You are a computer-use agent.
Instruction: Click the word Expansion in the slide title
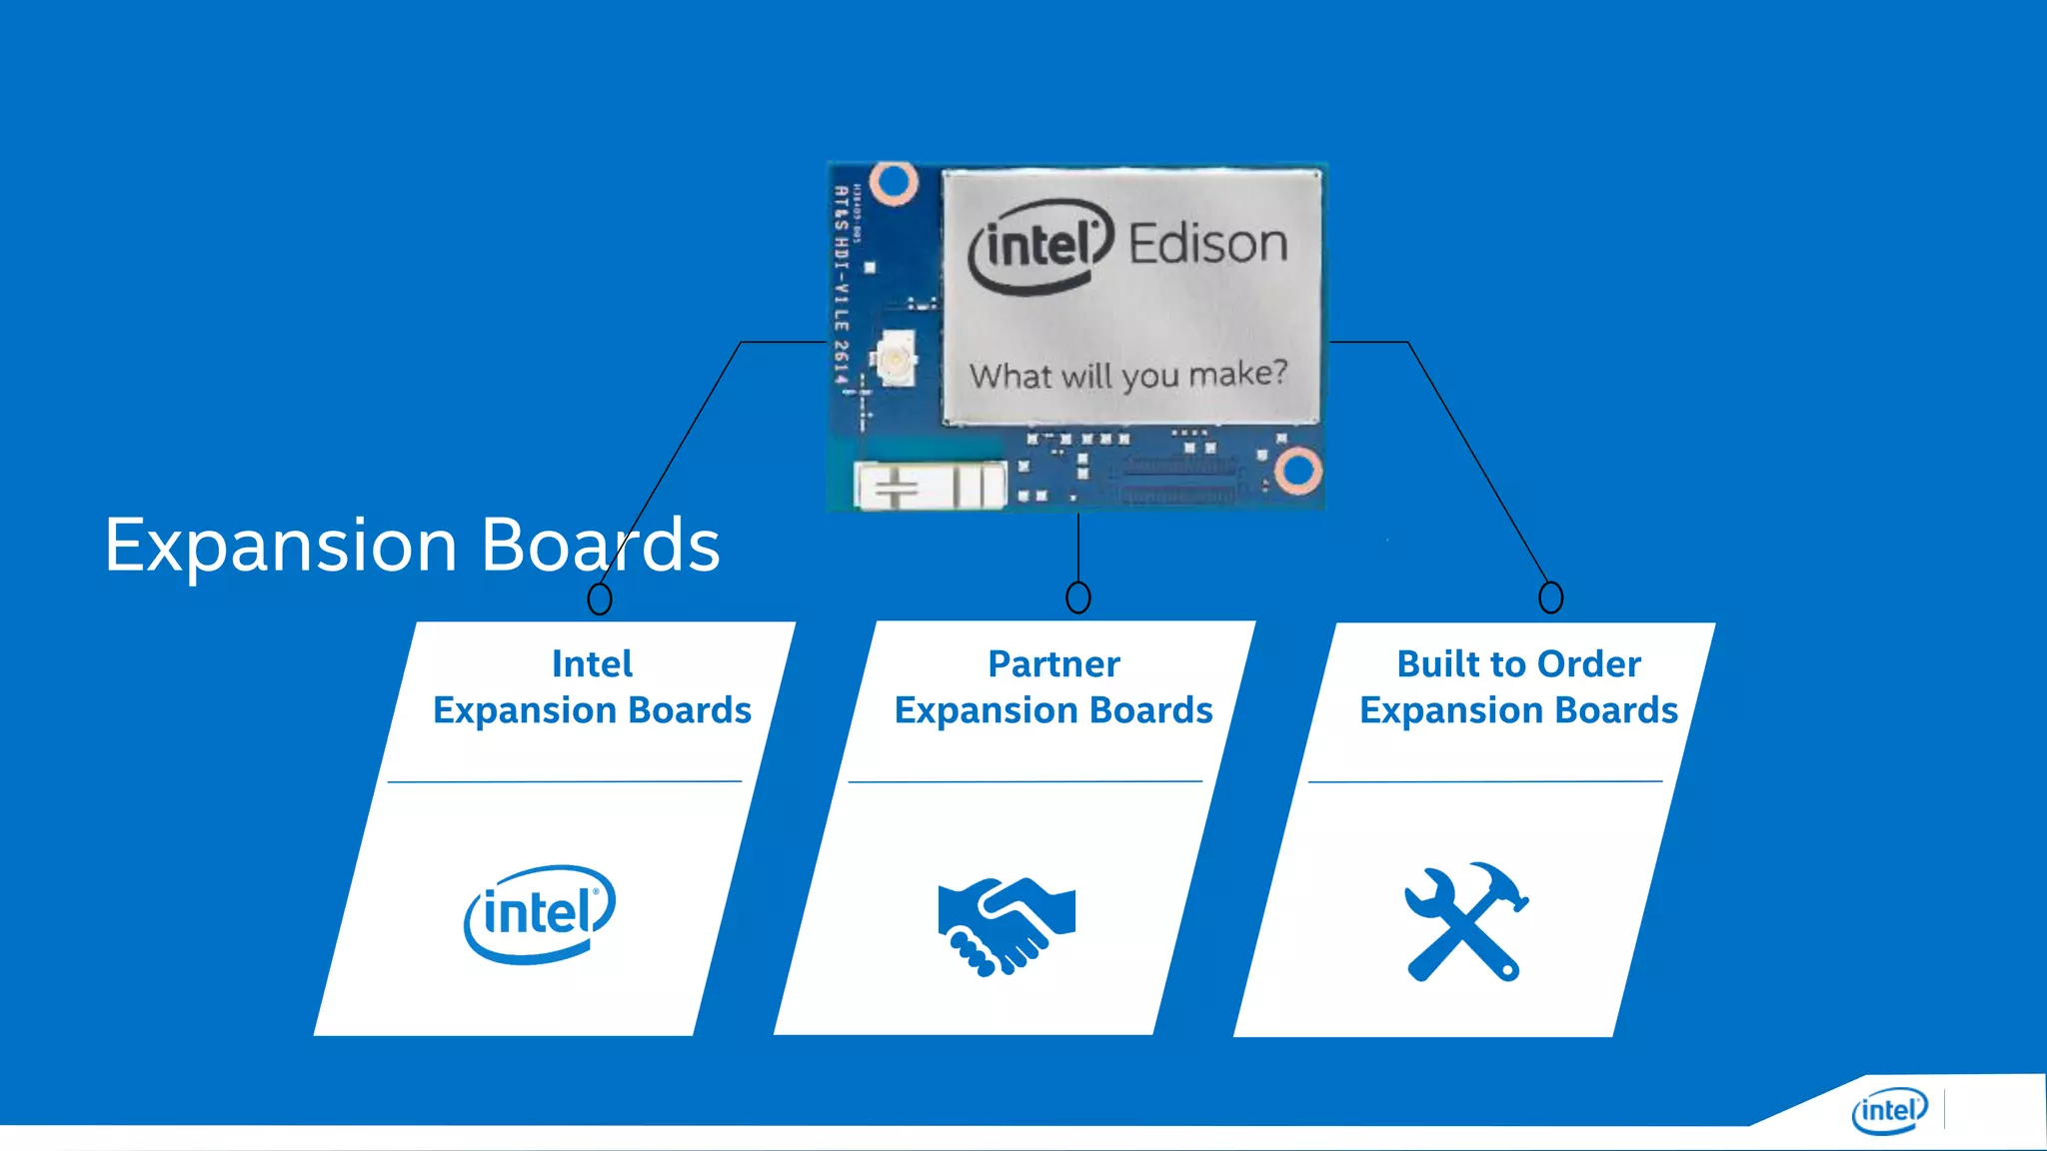(280, 547)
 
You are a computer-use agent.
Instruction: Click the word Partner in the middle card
(1053, 664)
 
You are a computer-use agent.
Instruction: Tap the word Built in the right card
(1435, 664)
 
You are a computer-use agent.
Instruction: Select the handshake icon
(1006, 925)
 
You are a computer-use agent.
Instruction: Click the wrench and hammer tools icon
(1465, 921)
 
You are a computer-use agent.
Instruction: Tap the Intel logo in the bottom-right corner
(1888, 1110)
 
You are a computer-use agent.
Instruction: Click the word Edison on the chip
(1207, 244)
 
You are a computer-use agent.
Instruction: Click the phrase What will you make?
(1127, 376)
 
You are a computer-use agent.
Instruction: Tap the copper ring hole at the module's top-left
(893, 183)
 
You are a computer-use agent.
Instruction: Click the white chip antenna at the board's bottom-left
(930, 487)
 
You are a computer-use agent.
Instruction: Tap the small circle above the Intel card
(599, 598)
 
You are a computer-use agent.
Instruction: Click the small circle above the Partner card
(1077, 597)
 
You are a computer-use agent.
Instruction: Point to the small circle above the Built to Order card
(1550, 597)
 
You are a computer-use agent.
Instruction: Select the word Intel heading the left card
(592, 664)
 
